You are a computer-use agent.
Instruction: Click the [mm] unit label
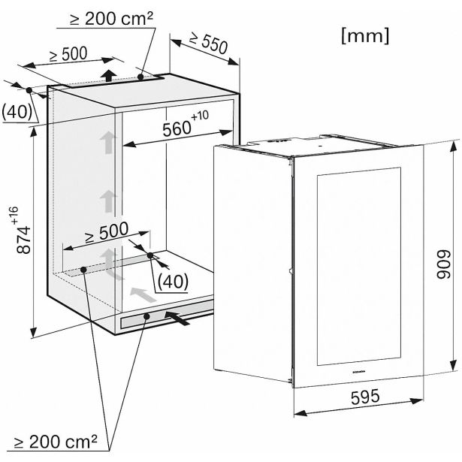point(366,35)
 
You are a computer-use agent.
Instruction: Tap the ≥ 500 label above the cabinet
point(68,55)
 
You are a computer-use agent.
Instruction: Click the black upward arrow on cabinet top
point(110,74)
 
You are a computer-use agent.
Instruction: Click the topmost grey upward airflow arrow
point(110,143)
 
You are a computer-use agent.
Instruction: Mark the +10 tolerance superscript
point(201,117)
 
